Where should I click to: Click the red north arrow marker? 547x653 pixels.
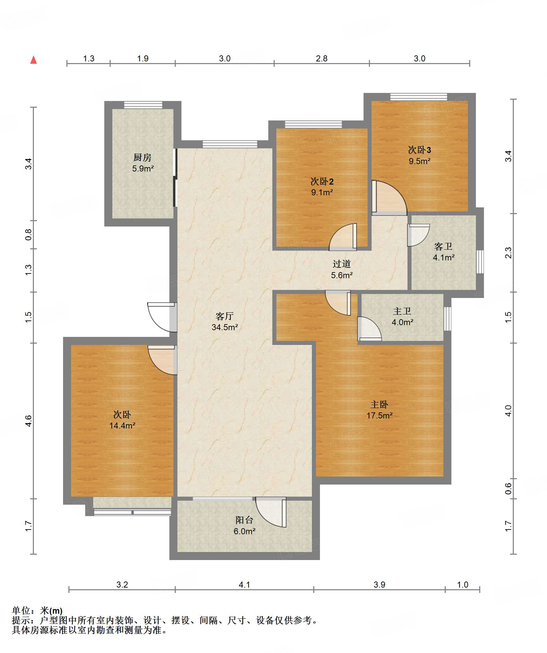34,60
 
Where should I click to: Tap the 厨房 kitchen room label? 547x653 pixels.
143,157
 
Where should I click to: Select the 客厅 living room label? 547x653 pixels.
225,316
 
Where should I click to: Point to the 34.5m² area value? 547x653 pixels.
225,327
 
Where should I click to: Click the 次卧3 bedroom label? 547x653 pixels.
420,150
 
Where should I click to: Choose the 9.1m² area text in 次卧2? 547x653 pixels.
322,192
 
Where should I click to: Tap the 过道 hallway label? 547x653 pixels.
342,264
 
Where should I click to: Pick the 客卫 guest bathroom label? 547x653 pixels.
443,247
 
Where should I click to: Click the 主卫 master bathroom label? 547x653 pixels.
402,311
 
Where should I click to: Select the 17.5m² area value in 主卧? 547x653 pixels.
379,415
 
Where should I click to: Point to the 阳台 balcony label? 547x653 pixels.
244,520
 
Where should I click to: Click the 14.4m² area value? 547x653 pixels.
122,425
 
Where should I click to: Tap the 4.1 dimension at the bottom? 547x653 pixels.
244,585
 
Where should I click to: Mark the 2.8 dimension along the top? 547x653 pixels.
322,58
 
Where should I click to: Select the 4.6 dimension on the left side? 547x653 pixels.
29,421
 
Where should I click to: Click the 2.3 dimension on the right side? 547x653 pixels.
508,252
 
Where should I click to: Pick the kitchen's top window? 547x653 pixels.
143,105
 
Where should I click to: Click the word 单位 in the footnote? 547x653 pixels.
21,610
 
